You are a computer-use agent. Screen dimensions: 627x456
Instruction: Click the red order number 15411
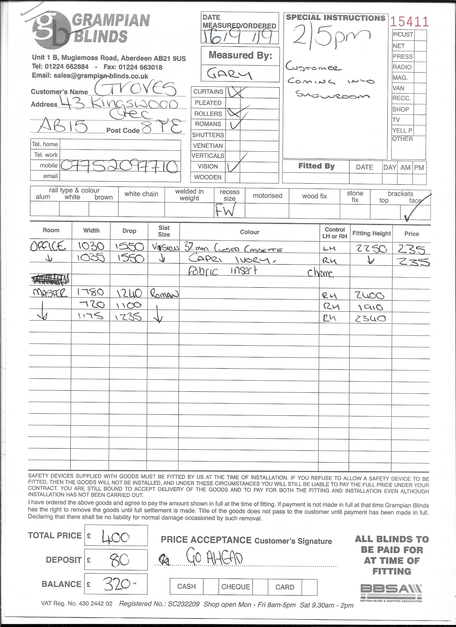[409, 22]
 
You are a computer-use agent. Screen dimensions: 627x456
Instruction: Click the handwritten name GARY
[229, 74]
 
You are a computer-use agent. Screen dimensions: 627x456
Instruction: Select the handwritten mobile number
[119, 167]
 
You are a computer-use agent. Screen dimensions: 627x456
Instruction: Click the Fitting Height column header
[371, 233]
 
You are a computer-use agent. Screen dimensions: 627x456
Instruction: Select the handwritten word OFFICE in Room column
[48, 246]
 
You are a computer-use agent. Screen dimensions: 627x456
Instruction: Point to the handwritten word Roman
[164, 294]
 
